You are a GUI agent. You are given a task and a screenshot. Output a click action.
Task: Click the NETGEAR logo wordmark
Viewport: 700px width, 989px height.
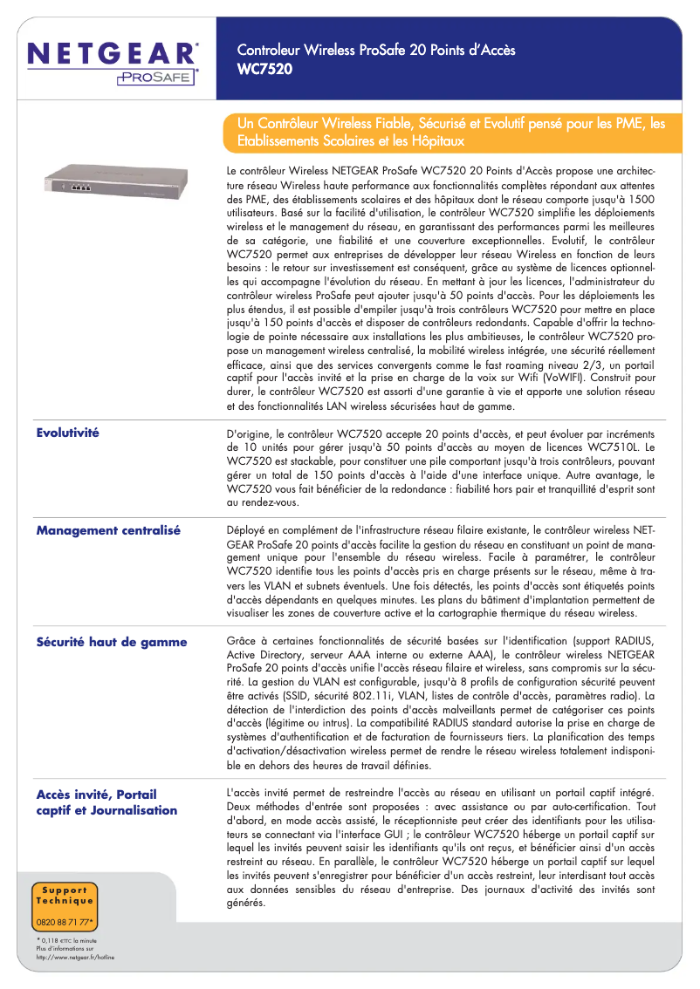click(113, 53)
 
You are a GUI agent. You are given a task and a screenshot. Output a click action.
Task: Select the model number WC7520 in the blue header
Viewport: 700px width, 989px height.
click(265, 67)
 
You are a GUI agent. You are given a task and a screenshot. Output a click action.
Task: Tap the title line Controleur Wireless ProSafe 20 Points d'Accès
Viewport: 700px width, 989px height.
click(376, 50)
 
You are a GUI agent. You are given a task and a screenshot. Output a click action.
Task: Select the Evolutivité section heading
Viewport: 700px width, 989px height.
click(67, 433)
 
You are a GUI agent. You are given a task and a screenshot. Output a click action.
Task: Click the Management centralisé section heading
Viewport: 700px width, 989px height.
click(108, 530)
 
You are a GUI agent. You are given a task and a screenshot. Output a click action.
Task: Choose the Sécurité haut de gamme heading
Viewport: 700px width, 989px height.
click(111, 642)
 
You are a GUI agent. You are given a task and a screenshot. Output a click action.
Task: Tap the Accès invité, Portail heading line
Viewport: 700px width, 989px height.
click(96, 795)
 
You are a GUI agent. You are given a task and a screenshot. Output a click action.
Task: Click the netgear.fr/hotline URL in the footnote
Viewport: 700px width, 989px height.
click(75, 957)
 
